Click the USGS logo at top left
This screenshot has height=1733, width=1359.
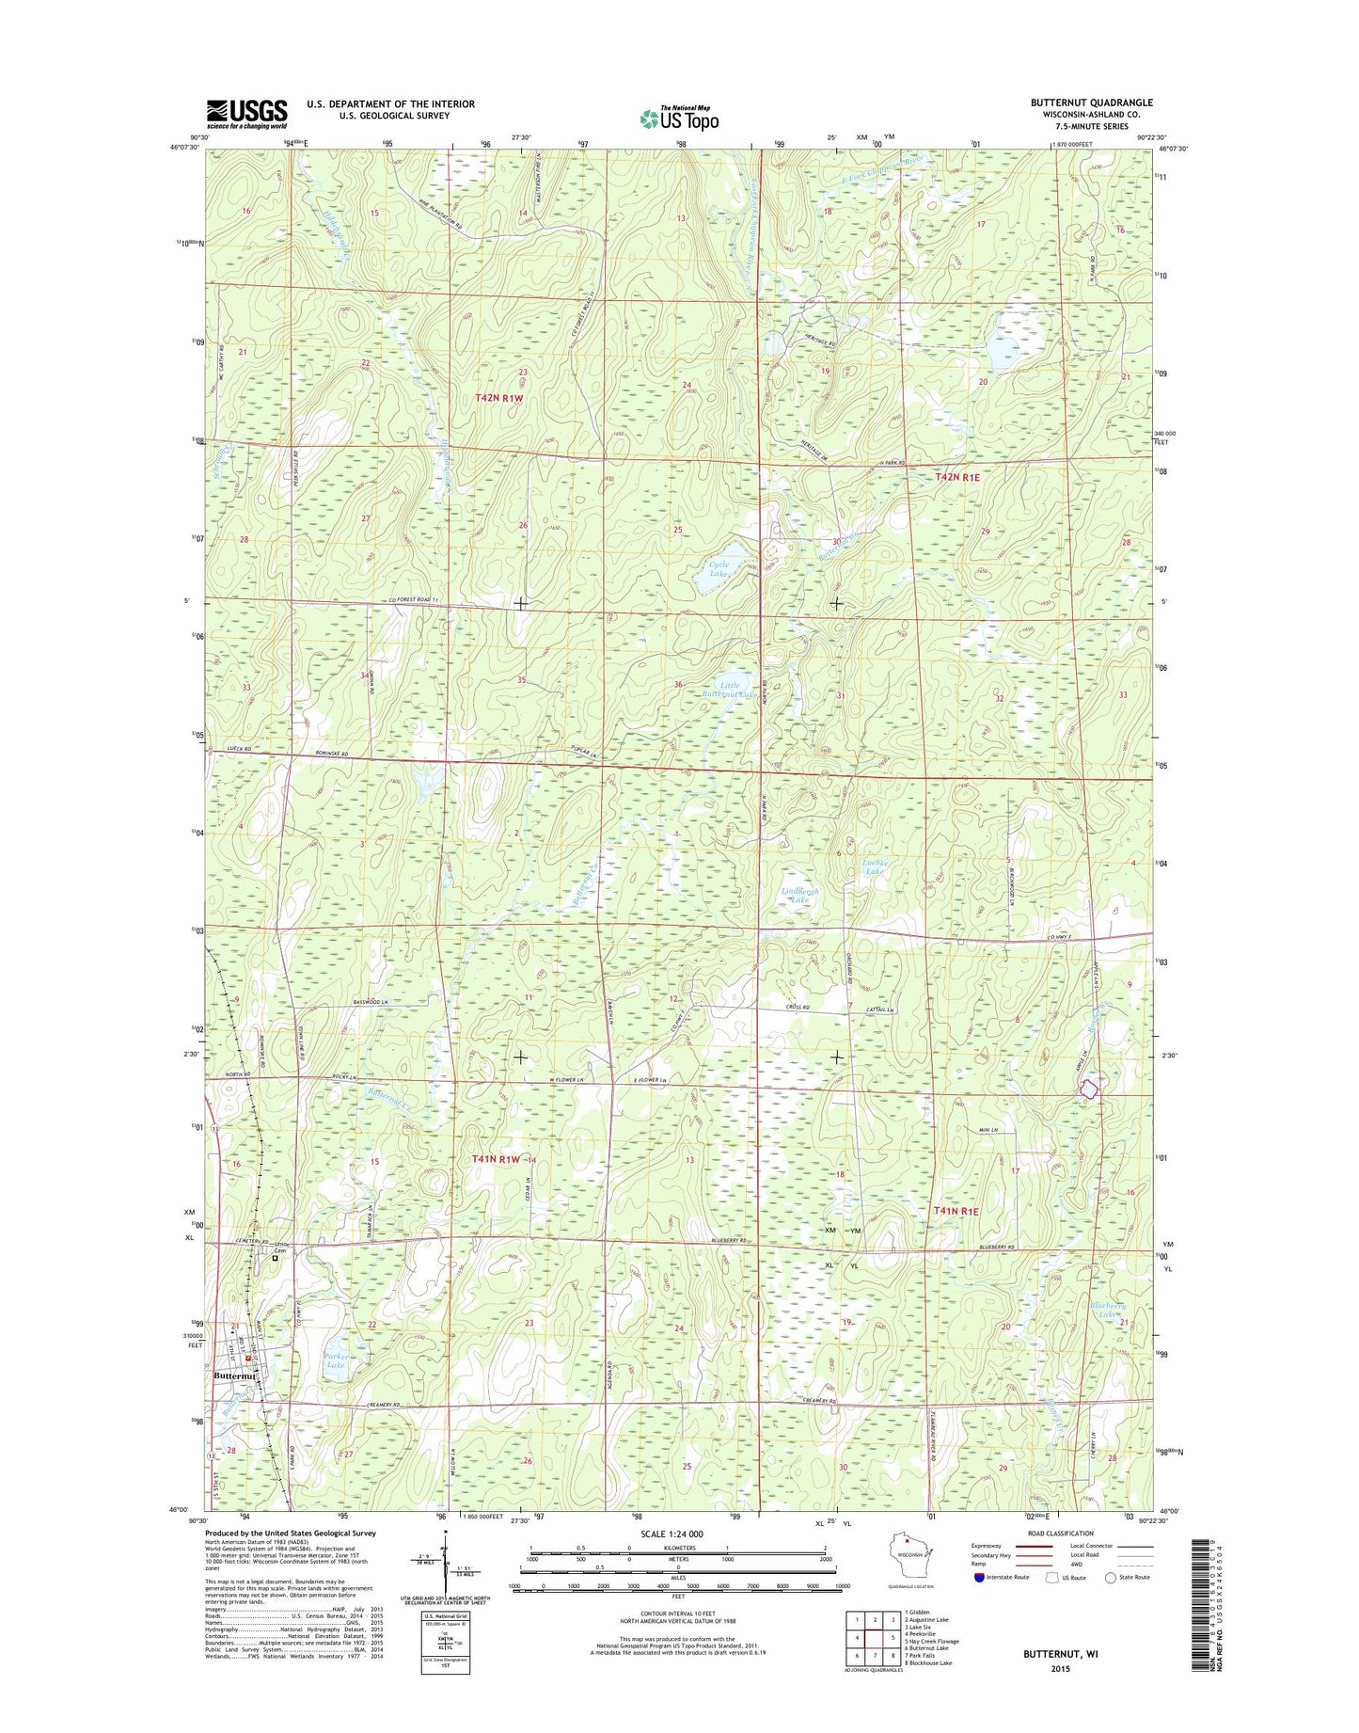(246, 113)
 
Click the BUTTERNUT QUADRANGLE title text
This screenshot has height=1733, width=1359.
(1091, 103)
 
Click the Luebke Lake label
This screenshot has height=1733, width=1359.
(875, 866)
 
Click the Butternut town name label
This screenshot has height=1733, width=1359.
(235, 1375)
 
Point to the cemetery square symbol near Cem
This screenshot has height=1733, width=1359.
(277, 1258)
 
